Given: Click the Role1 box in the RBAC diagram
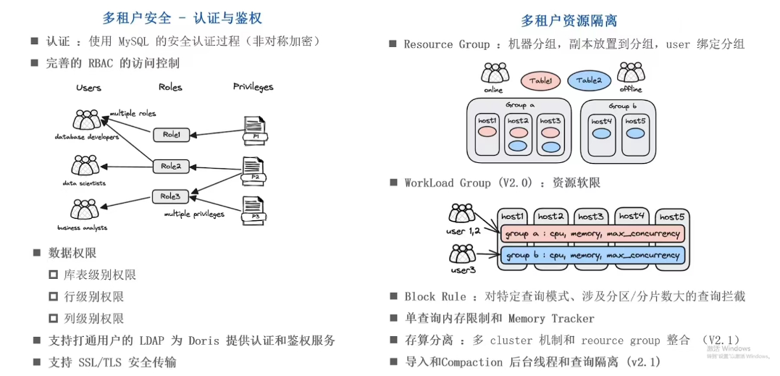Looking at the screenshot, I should [x=171, y=135].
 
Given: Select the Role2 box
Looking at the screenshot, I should [x=171, y=167].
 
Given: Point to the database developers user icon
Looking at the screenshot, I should [x=86, y=120].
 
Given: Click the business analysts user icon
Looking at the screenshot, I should [x=84, y=211].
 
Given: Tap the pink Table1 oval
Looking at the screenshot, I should [x=540, y=81].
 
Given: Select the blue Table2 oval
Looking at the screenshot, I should [x=588, y=81].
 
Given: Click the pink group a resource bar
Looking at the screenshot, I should [x=592, y=234].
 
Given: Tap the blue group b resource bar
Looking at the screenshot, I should [x=592, y=256].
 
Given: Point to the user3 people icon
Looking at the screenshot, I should [x=462, y=254].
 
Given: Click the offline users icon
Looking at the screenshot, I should [x=631, y=73].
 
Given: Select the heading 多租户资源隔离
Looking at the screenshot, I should [x=569, y=21].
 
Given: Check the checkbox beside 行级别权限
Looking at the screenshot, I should [x=53, y=297].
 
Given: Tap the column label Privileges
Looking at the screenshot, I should [x=253, y=87].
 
